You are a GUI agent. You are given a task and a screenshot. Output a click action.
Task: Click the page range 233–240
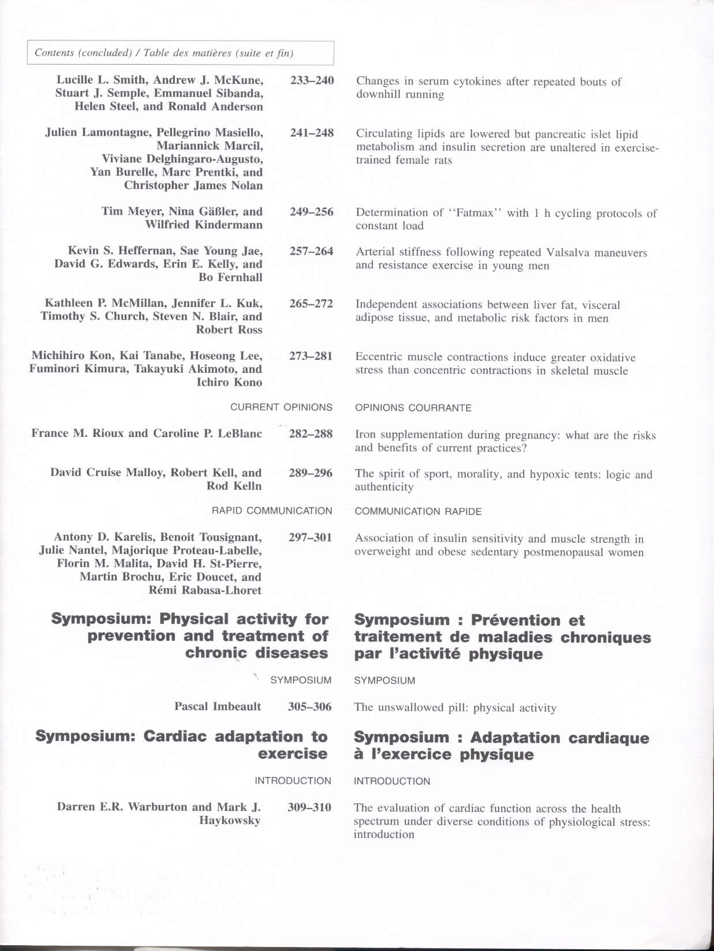(312, 80)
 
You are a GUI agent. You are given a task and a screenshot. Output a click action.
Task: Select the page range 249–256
(312, 212)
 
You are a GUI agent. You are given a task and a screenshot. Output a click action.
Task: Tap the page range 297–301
(311, 538)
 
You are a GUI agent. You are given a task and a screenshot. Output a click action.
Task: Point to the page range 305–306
(310, 706)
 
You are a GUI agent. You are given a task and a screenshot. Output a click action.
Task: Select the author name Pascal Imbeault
(218, 706)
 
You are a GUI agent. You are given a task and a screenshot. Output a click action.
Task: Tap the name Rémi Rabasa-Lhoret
(205, 590)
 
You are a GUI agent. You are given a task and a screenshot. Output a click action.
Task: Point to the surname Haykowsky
(230, 820)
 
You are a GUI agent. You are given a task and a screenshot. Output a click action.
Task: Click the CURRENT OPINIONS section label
(281, 407)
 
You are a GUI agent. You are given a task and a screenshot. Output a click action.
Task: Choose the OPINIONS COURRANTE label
(413, 408)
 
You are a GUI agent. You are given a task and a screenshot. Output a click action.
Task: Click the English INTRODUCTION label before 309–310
(293, 781)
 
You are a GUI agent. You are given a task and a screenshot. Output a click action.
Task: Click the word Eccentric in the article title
(380, 357)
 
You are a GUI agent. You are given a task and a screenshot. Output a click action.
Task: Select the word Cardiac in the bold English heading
(175, 736)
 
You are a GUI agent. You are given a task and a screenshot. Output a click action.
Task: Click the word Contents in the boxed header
(54, 53)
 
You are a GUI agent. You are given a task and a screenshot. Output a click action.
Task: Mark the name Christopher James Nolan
(193, 185)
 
